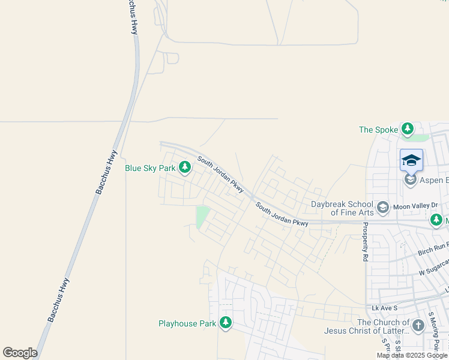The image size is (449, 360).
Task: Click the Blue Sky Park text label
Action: click(150, 169)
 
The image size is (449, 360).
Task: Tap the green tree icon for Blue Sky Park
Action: click(184, 168)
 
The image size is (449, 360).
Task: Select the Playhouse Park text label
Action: click(187, 323)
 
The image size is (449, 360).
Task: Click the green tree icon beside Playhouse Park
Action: click(226, 323)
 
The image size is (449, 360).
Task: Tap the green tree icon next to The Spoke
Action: click(408, 129)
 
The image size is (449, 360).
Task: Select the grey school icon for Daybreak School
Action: click(382, 208)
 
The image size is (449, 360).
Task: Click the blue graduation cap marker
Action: click(411, 160)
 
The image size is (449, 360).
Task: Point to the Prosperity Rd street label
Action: click(364, 242)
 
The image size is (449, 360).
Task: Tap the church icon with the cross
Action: click(418, 326)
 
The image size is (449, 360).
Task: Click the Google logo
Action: click(20, 353)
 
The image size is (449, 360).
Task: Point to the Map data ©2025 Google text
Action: click(412, 355)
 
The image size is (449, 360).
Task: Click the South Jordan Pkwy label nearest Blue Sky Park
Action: click(220, 175)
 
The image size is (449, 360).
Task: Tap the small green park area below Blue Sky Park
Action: click(202, 217)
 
